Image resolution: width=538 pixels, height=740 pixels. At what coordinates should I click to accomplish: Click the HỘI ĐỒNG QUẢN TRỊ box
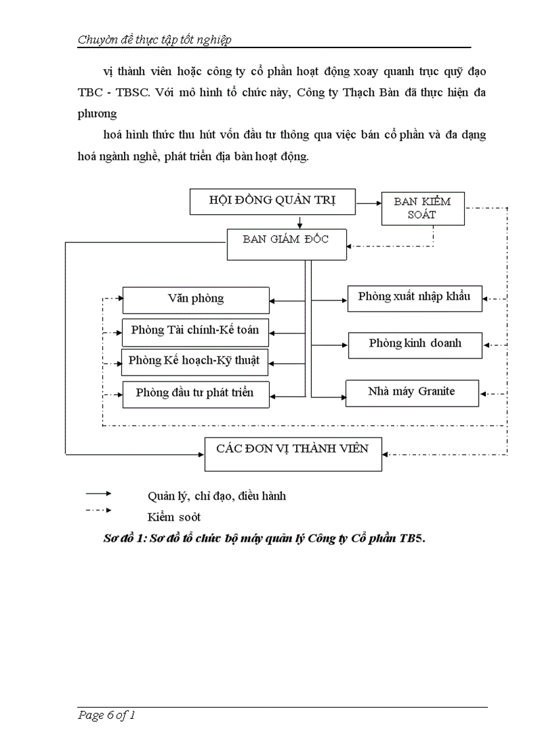click(x=272, y=202)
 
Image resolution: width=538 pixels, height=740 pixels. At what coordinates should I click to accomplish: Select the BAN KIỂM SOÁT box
click(x=422, y=208)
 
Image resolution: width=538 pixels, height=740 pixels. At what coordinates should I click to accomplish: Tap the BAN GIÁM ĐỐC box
click(x=285, y=244)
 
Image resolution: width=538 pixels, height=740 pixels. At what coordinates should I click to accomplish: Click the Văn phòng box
click(x=196, y=300)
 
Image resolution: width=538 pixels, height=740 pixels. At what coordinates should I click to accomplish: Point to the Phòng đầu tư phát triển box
click(x=196, y=394)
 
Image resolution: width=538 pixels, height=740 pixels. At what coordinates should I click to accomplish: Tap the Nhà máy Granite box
click(x=411, y=393)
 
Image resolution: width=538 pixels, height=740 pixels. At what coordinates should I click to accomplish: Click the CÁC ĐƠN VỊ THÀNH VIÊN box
click(x=293, y=454)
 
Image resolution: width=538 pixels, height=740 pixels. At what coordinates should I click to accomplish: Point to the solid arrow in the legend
click(x=98, y=493)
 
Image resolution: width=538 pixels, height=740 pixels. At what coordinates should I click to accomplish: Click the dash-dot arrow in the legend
click(x=98, y=510)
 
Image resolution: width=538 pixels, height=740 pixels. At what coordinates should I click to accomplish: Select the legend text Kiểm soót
click(x=174, y=517)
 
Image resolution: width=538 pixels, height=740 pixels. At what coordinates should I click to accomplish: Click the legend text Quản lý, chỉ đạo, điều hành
click(x=217, y=496)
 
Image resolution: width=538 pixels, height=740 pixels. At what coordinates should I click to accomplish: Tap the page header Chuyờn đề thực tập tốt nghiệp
click(x=154, y=40)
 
